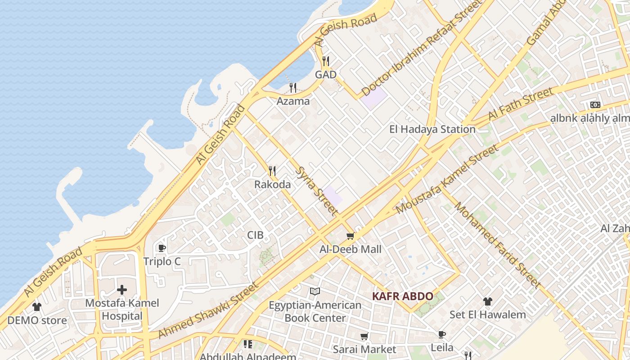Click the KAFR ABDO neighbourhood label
pyautogui.click(x=403, y=296)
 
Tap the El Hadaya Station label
pyautogui.click(x=432, y=130)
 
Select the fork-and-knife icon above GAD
pyautogui.click(x=326, y=61)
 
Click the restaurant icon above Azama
pyautogui.click(x=293, y=87)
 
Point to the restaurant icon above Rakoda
pyautogui.click(x=272, y=171)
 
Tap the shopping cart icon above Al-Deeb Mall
pyautogui.click(x=350, y=236)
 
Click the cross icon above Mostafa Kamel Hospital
pyautogui.click(x=122, y=290)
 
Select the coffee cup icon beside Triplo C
pyautogui.click(x=162, y=248)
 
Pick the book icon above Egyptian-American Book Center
pyautogui.click(x=315, y=292)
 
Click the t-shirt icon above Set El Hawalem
pyautogui.click(x=487, y=301)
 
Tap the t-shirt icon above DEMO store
pyautogui.click(x=37, y=307)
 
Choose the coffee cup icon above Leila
pyautogui.click(x=442, y=334)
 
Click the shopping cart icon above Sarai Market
pyautogui.click(x=364, y=336)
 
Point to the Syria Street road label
pyautogui.click(x=317, y=191)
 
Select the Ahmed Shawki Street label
pyautogui.click(x=209, y=310)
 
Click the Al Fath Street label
pyautogui.click(x=520, y=104)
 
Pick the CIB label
pyautogui.click(x=255, y=235)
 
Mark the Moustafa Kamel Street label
pyautogui.click(x=447, y=179)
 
